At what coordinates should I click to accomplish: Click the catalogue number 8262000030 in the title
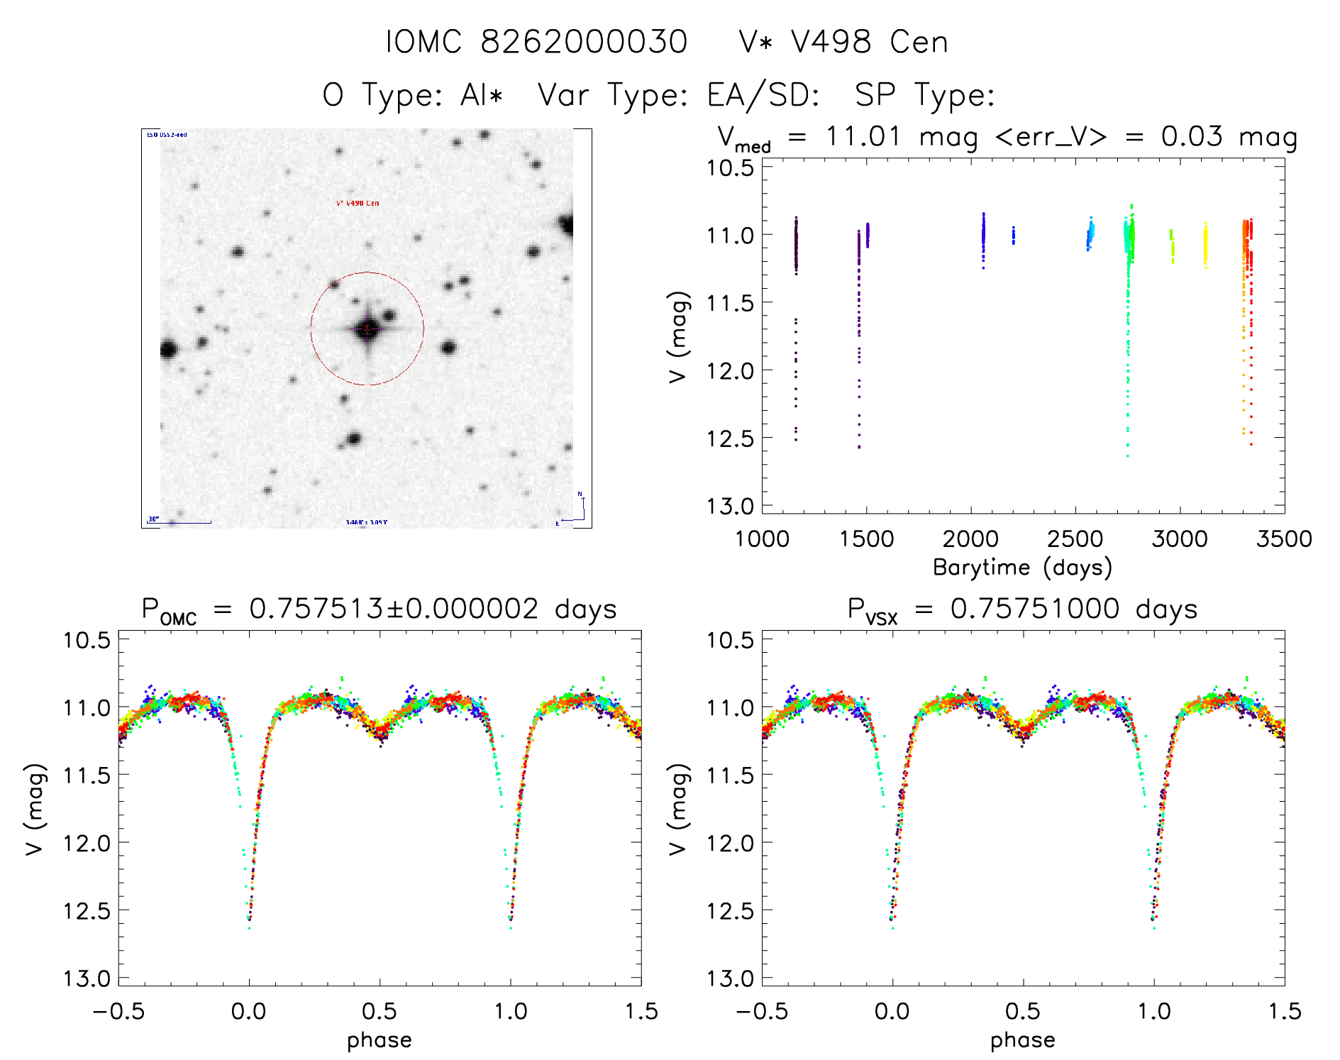(584, 42)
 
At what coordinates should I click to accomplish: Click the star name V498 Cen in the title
(869, 42)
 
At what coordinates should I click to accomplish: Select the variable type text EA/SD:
(763, 95)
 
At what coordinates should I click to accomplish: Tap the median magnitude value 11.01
(863, 136)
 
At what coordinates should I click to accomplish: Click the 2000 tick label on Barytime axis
(970, 539)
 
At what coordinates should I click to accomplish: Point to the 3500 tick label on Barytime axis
(1283, 539)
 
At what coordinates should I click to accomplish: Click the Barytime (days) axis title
(1022, 568)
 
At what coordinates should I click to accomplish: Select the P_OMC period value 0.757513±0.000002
(394, 609)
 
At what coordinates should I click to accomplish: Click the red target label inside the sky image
(358, 203)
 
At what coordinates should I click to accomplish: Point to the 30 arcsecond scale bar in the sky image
(180, 521)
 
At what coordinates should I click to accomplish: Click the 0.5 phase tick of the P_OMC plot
(380, 1012)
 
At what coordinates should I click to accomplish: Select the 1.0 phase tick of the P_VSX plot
(1153, 1012)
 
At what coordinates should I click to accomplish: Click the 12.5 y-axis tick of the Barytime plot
(730, 438)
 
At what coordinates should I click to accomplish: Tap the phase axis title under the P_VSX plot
(1022, 1040)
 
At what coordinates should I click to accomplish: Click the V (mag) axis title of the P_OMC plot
(35, 809)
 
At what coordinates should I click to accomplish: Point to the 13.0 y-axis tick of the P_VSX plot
(730, 979)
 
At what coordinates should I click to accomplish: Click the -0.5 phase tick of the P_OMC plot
(118, 1012)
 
